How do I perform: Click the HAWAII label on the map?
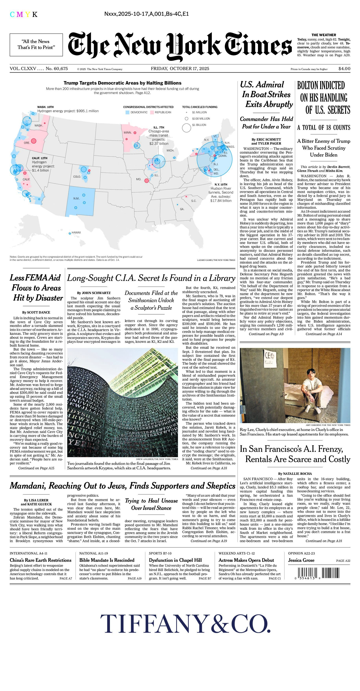76,232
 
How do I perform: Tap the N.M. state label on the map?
76,198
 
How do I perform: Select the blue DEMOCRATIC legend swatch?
127,112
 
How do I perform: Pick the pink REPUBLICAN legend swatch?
152,112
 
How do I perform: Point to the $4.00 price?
344,69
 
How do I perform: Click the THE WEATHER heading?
324,35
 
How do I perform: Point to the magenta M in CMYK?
20,15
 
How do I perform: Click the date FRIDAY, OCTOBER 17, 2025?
180,69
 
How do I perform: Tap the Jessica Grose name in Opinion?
301,560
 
